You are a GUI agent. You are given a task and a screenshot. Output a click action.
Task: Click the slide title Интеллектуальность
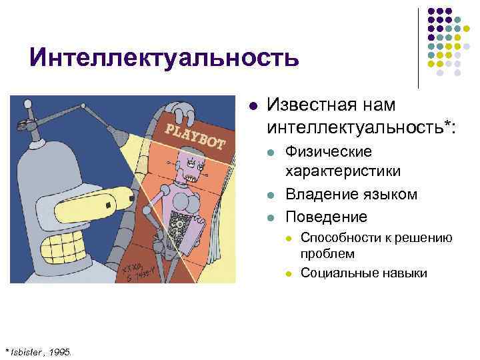click(x=164, y=59)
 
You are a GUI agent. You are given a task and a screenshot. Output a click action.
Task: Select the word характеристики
click(x=343, y=171)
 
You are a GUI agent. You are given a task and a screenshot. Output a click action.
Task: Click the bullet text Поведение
click(x=326, y=217)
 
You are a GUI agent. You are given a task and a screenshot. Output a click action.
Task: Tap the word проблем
click(x=327, y=254)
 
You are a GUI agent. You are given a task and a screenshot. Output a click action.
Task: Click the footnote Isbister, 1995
click(x=43, y=351)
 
